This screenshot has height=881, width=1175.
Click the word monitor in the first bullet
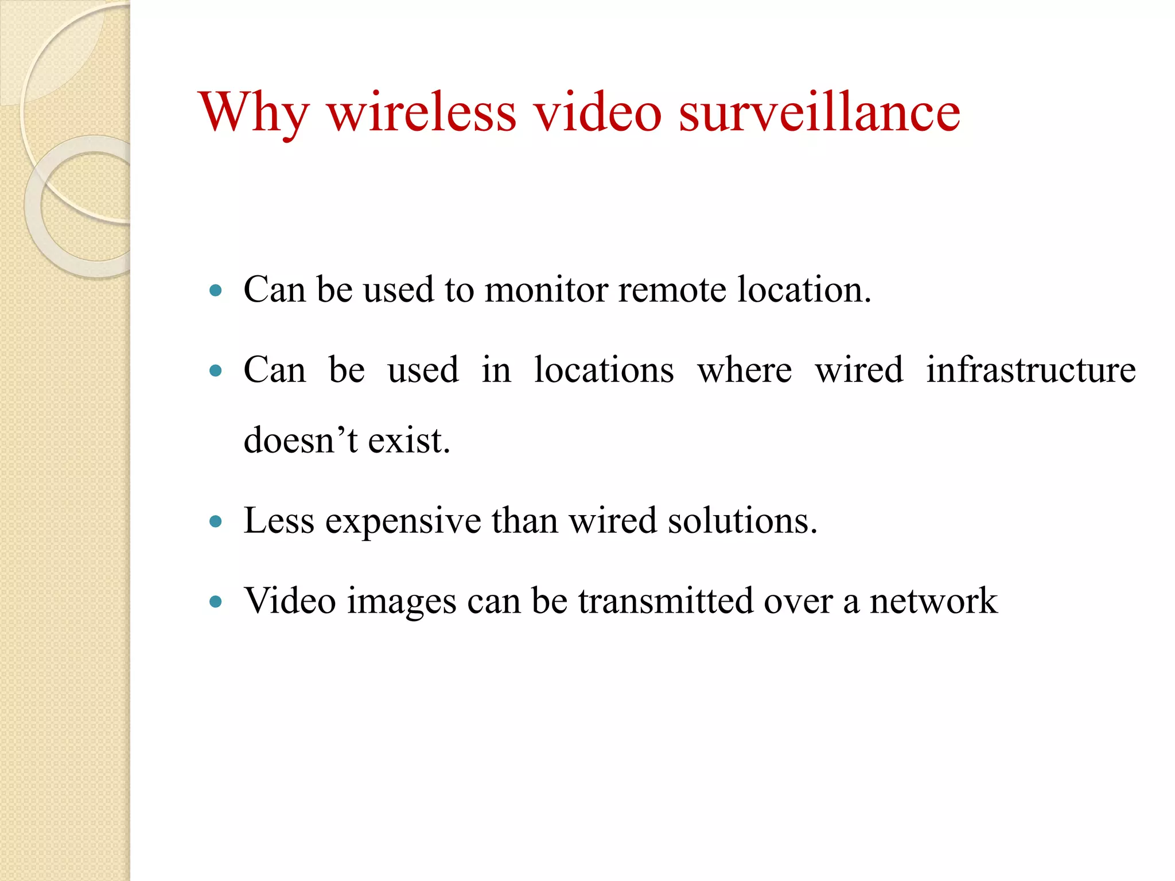click(546, 289)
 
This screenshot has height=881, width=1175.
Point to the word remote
click(672, 289)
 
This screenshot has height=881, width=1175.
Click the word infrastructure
click(1030, 369)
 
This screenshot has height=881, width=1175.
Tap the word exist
click(408, 440)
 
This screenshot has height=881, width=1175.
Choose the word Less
click(279, 521)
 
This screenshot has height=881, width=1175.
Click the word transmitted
click(666, 601)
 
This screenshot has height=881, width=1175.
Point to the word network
click(933, 601)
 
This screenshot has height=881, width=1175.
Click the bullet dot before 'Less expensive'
click(216, 521)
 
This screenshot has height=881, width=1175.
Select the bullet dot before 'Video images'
click(216, 602)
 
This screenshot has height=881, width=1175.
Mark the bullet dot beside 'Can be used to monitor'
click(216, 290)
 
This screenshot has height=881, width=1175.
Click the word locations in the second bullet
click(604, 369)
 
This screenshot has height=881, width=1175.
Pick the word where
click(744, 371)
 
